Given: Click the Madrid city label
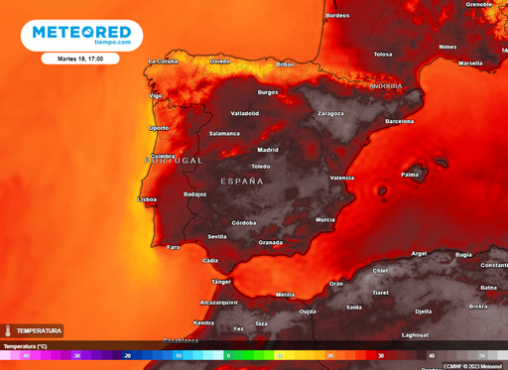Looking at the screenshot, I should coord(268,150).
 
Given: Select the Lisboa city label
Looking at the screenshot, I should coord(146,199).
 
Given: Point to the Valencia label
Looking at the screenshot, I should coord(341,178).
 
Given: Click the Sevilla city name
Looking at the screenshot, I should coord(217,236).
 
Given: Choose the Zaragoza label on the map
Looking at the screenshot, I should coord(330,113).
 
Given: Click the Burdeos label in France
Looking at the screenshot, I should coord(337,16).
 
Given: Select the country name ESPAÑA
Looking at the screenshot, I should coord(241,182).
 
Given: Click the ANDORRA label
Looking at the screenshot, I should coord(386,85).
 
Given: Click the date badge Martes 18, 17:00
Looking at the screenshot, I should coord(80,59).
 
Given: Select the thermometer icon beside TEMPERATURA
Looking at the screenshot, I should coord(7,330).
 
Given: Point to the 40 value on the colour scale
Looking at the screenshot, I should coord(431,355).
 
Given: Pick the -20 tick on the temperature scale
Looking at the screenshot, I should coord(127,355).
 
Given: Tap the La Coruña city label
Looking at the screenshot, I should coord(162,62).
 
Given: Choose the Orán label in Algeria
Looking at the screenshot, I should coord(336,283).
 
